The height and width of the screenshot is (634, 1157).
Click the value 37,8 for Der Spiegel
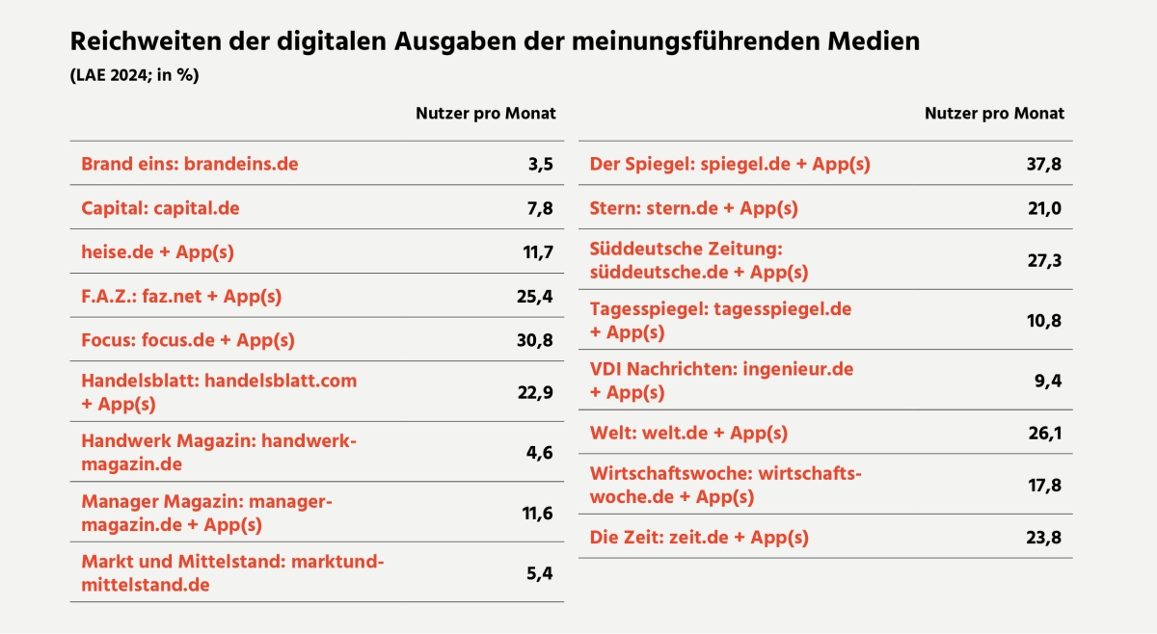(x=1044, y=164)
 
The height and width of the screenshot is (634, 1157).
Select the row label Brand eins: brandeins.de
(x=189, y=164)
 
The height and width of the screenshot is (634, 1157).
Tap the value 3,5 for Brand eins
(x=540, y=164)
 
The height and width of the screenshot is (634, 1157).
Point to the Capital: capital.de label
(x=160, y=208)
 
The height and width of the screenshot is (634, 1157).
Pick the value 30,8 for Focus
(x=533, y=340)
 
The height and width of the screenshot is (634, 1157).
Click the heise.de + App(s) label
(x=157, y=252)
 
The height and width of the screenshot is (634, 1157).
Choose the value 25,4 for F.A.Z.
(x=533, y=297)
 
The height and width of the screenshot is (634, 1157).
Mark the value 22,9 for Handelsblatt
(x=533, y=392)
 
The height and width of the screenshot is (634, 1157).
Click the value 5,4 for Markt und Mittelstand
(x=539, y=573)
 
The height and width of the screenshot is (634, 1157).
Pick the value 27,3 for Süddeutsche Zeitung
(x=1044, y=260)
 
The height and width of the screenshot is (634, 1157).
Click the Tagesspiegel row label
(x=720, y=320)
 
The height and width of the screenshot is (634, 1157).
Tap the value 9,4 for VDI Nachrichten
(x=1049, y=381)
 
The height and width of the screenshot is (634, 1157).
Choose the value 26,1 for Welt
(x=1044, y=434)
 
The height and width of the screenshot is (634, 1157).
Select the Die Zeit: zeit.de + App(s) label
(x=699, y=537)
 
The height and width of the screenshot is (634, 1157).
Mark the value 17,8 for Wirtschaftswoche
(x=1044, y=486)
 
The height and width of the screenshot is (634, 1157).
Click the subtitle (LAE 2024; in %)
(x=134, y=76)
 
